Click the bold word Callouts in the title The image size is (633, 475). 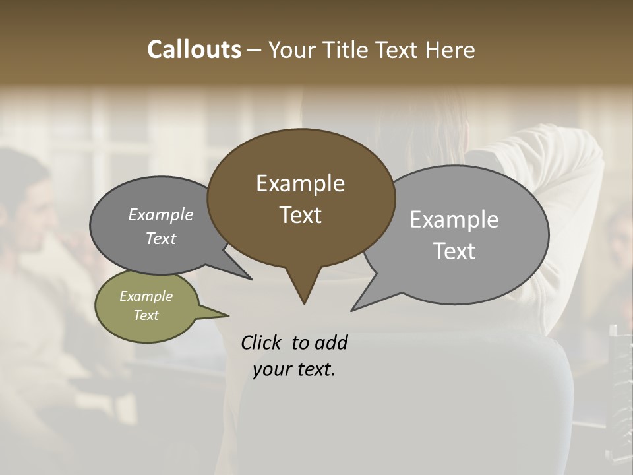(194, 49)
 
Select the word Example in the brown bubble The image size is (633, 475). (300, 183)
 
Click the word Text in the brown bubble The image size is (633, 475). (300, 215)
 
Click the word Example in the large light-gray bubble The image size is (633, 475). (454, 220)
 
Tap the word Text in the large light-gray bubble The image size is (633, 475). (455, 251)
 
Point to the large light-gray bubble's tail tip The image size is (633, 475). (352, 310)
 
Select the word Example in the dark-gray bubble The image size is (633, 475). (160, 214)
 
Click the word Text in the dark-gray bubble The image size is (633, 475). (160, 238)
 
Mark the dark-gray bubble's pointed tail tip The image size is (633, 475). (251, 279)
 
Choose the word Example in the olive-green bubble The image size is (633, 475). (146, 296)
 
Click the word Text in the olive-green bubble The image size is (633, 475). (146, 315)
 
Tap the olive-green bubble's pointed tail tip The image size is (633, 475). (228, 315)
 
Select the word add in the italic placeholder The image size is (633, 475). (330, 342)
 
